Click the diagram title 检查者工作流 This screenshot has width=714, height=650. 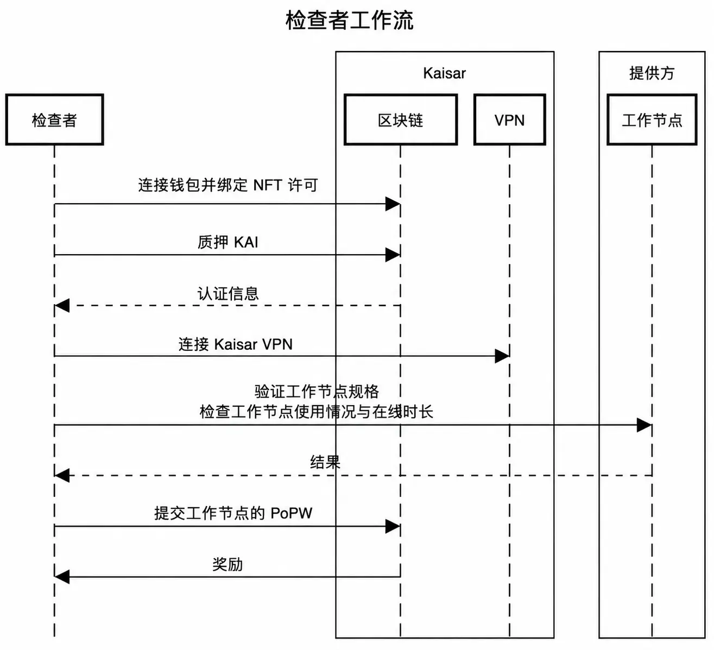(x=349, y=20)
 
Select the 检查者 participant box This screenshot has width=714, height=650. (x=54, y=119)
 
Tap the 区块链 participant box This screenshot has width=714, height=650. (x=400, y=119)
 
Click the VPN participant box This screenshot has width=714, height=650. (x=509, y=119)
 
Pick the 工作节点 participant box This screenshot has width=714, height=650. (x=652, y=119)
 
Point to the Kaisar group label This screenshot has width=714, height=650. (x=444, y=73)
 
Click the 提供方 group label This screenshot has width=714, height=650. (x=652, y=73)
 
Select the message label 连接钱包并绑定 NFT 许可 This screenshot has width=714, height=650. (x=228, y=185)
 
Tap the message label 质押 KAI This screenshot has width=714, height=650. (x=228, y=242)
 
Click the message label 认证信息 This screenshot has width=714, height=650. (x=228, y=294)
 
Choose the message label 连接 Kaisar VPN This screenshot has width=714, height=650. (x=235, y=344)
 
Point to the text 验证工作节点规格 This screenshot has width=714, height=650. (x=317, y=392)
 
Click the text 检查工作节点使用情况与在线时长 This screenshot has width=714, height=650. (x=317, y=412)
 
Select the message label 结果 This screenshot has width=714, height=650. (x=325, y=463)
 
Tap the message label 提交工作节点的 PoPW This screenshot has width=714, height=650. (x=233, y=513)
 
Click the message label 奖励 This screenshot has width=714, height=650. (x=228, y=565)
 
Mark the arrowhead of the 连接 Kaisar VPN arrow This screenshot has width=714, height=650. (x=502, y=356)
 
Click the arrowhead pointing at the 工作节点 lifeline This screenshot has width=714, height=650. (x=645, y=425)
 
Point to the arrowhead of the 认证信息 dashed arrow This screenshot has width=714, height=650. (x=62, y=305)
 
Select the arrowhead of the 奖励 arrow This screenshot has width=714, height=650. (x=62, y=577)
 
